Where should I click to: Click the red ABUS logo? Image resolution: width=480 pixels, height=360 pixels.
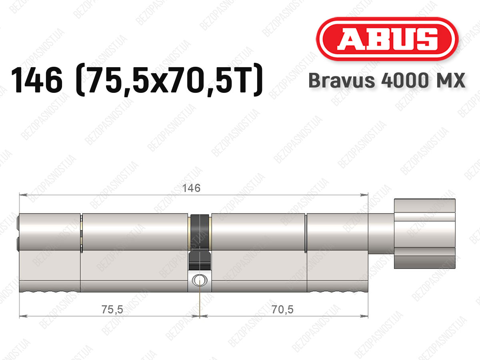[387, 39]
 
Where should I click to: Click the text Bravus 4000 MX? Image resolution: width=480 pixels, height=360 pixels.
[387, 80]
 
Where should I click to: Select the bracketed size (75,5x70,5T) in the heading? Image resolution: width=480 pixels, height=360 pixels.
[169, 80]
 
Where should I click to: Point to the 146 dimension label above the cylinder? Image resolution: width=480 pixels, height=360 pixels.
[191, 188]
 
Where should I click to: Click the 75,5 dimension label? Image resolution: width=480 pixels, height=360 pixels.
[112, 310]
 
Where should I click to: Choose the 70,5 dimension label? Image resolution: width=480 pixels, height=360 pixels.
[282, 310]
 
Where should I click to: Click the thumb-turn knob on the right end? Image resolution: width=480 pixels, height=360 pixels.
[425, 234]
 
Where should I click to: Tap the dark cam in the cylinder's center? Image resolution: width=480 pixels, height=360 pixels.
[200, 242]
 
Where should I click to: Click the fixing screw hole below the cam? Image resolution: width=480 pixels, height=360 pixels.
[200, 280]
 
